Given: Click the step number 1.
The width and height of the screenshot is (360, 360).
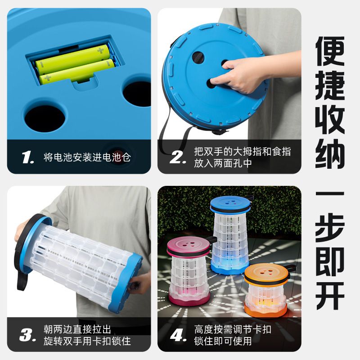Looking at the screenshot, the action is tap(28, 157).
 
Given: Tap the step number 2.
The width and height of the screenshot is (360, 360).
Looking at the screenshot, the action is tap(178, 157).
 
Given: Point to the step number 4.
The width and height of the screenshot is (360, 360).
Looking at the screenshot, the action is tap(178, 335).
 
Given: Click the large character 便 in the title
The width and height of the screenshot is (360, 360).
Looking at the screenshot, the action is tap(330, 51).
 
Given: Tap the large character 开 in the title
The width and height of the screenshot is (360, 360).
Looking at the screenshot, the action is tap(330, 295).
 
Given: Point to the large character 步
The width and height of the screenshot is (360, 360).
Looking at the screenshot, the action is tap(330, 228).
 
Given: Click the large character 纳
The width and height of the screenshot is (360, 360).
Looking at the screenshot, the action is tap(330, 153).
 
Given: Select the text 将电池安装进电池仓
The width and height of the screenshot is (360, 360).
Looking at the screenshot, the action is tap(87, 157).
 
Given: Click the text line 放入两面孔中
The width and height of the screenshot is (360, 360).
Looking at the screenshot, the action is tap(223, 163).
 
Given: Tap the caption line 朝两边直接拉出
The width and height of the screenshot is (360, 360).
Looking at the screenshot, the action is tap(77, 329).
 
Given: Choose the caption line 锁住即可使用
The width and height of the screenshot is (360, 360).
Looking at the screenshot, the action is tap(223, 341).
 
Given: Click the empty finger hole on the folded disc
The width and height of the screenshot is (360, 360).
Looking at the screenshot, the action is tap(198, 58).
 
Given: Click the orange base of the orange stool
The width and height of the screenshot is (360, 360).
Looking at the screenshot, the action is tap(265, 310).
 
